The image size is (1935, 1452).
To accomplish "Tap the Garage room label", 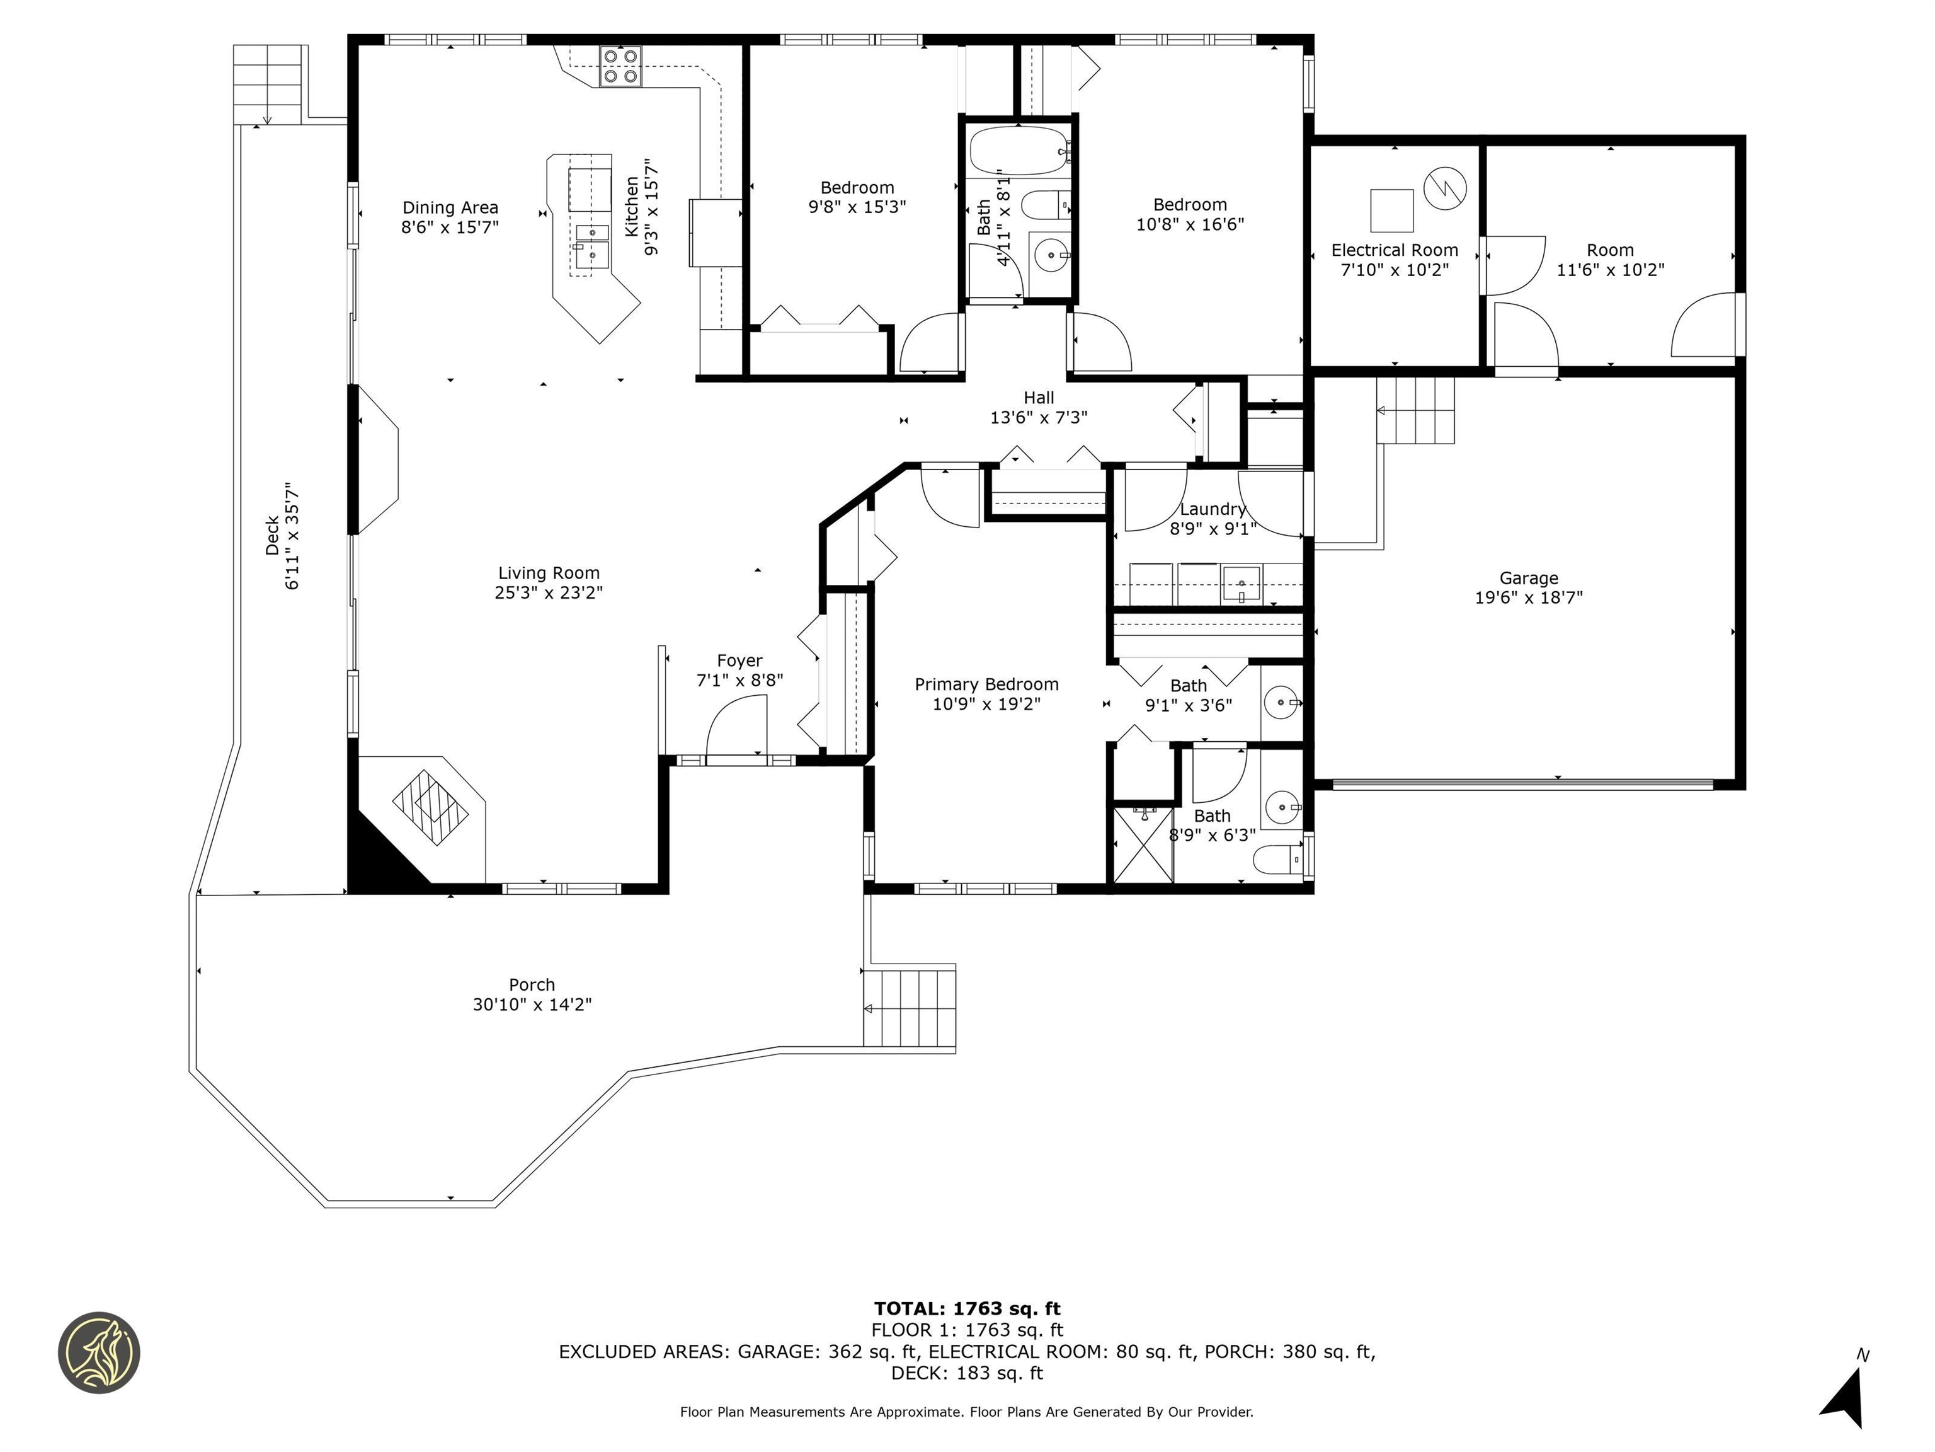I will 1528,579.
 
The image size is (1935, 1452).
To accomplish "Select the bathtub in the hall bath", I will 1019,151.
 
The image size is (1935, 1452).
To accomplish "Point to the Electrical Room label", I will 1395,250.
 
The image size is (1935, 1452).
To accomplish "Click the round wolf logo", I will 99,1352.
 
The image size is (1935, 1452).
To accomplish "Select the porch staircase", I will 910,1006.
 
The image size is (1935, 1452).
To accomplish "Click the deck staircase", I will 268,84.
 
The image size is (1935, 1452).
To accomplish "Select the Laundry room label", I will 1213,509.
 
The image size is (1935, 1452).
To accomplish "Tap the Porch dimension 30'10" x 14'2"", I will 532,1005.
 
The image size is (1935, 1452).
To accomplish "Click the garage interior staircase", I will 1415,412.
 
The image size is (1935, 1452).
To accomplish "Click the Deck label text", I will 273,536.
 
